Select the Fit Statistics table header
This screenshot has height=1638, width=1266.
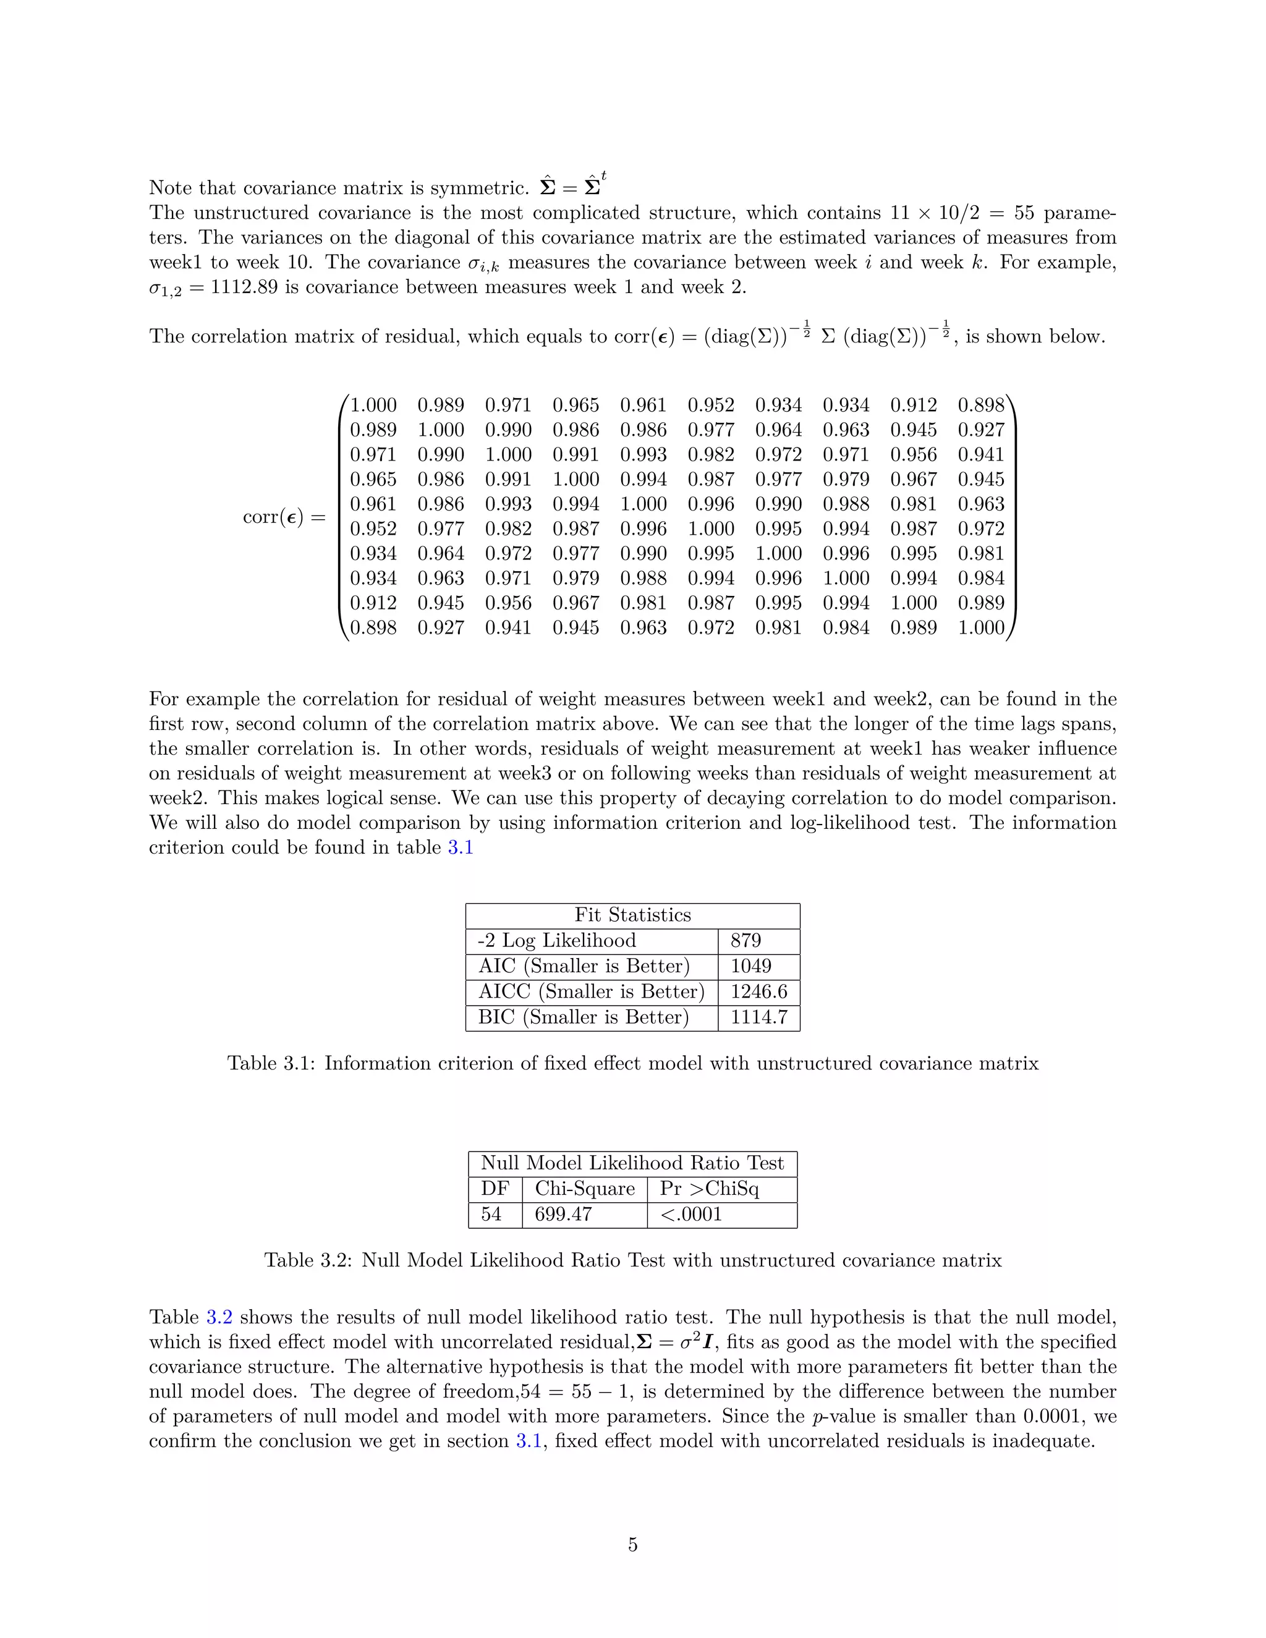[632, 915]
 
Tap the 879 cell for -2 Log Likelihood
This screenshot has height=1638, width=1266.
[746, 941]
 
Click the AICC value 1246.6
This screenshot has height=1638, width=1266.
[758, 991]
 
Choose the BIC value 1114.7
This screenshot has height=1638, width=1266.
[758, 1017]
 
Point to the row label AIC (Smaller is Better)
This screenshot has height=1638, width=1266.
[584, 966]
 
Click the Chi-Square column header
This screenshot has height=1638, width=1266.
[584, 1189]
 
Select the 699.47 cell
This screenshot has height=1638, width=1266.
[563, 1214]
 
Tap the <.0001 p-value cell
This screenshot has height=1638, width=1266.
[690, 1214]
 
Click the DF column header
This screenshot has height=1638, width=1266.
[495, 1189]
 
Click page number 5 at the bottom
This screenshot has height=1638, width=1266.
[632, 1544]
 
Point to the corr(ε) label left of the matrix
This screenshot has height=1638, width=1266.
[274, 517]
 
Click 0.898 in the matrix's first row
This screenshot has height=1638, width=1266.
[980, 405]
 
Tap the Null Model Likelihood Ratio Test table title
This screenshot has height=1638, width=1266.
[632, 1163]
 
